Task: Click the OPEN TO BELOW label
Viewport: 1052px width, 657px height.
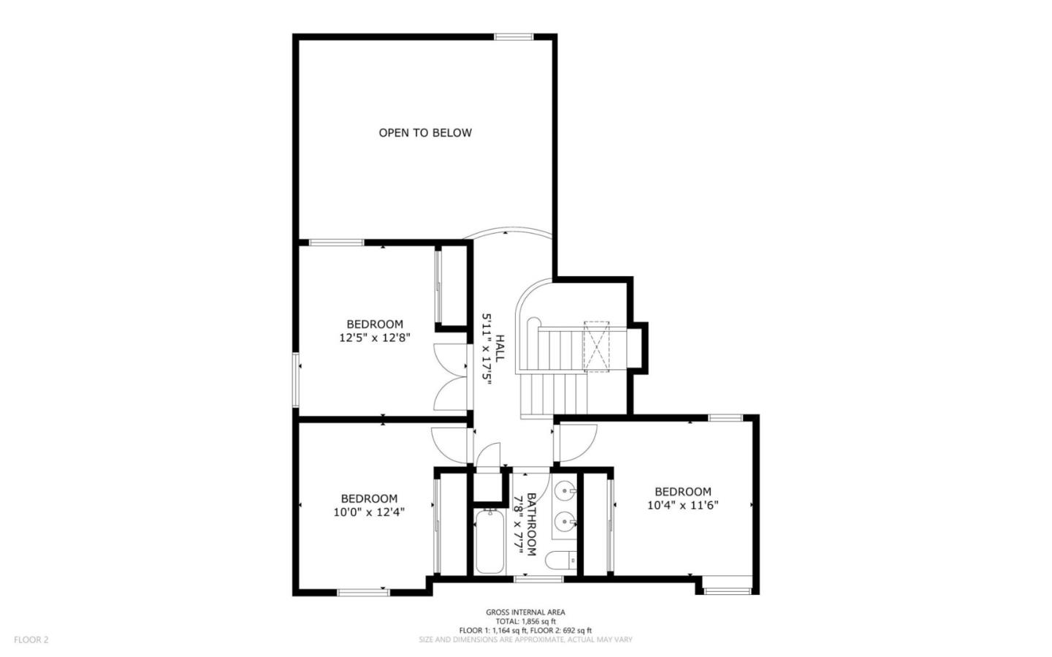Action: (425, 133)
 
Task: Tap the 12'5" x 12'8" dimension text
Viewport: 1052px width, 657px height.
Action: (375, 338)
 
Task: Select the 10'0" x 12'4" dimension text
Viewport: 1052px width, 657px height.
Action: (369, 512)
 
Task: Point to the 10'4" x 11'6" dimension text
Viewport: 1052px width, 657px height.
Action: (683, 505)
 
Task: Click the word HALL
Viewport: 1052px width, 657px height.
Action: (500, 349)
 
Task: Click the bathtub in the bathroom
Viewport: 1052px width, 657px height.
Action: (489, 542)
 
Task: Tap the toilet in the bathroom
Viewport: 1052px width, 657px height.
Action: (561, 560)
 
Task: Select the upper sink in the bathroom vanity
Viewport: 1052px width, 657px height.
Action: (565, 491)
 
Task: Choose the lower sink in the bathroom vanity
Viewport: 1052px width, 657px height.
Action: (565, 521)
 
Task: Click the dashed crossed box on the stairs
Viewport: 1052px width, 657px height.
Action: (596, 347)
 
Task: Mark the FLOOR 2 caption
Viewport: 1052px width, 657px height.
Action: (31, 639)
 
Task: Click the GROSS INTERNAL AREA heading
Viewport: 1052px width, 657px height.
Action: (525, 612)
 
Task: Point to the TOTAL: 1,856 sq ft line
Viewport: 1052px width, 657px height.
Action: (525, 621)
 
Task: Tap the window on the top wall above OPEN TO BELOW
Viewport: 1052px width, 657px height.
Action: (514, 37)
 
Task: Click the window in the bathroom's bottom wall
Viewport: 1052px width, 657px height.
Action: (538, 579)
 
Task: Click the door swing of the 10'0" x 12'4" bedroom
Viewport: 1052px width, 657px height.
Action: (449, 446)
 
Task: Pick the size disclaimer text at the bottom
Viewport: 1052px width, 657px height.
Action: (525, 639)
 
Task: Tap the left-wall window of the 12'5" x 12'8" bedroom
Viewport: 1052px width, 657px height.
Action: (296, 380)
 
